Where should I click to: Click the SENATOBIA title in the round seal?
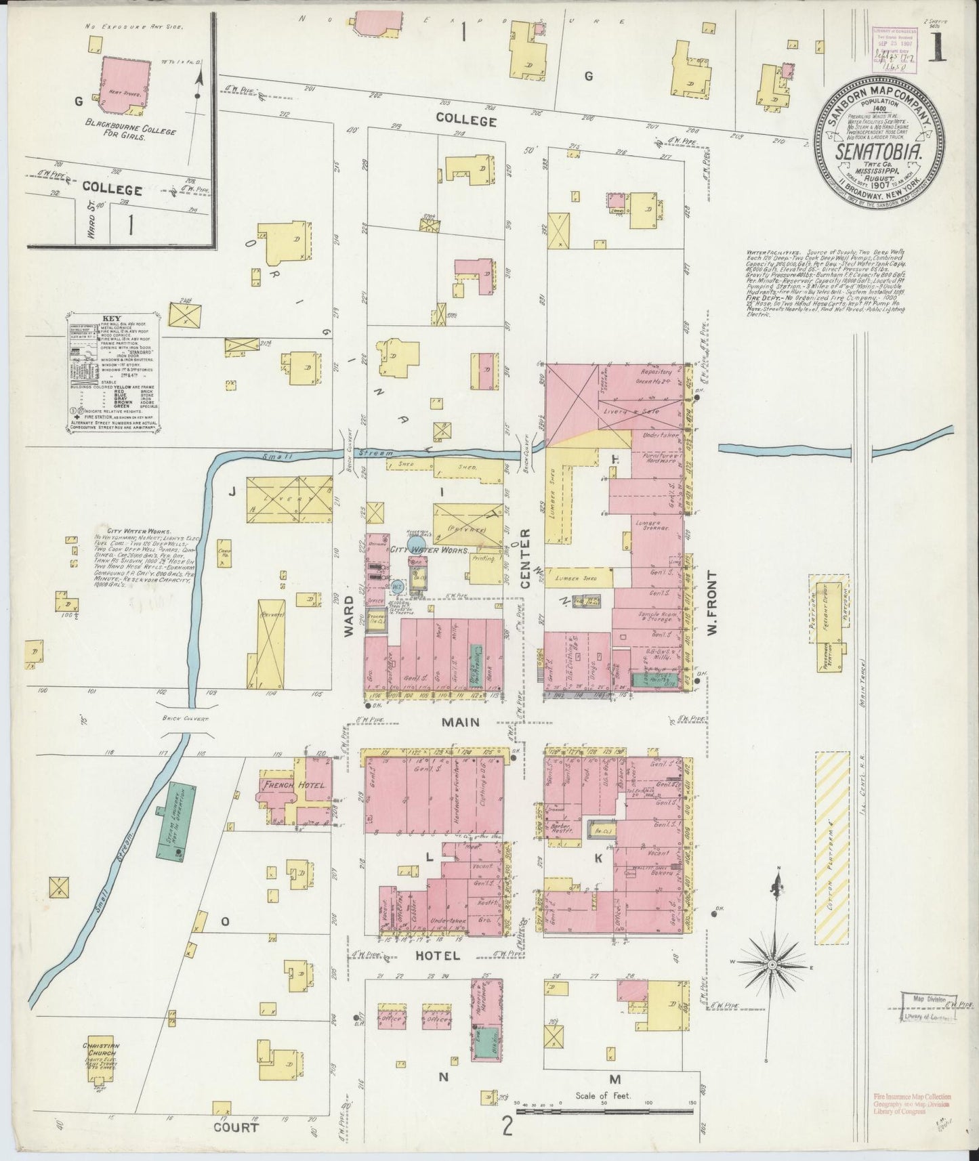point(880,152)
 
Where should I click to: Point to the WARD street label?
point(349,615)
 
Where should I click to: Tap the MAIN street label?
point(461,723)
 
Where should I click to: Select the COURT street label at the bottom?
point(237,1128)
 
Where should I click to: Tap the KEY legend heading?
point(112,318)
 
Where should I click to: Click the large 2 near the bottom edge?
point(506,1125)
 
